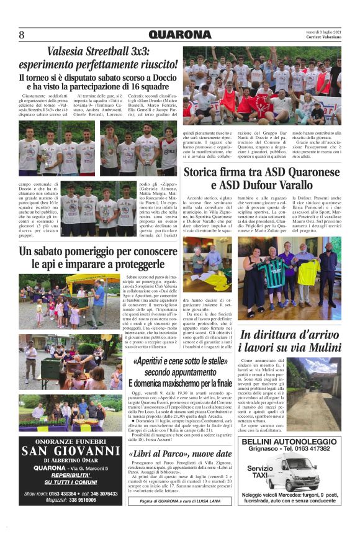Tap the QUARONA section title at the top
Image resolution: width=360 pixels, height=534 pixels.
click(179, 34)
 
